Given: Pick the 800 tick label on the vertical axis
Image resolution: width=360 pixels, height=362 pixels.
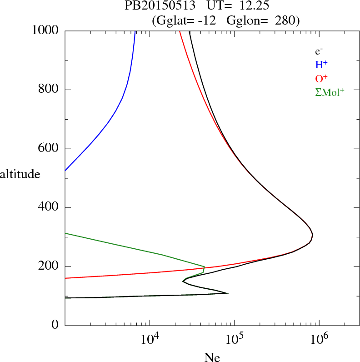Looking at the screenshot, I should coord(50,90).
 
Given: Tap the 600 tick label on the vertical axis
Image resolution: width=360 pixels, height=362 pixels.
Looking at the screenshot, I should coord(50,149).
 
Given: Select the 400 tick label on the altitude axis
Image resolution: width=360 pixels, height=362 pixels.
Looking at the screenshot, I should coord(50,208).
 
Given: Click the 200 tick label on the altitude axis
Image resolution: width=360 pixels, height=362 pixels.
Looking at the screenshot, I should coord(50,266).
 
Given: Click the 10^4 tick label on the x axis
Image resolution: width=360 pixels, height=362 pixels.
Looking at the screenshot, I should coord(150,339).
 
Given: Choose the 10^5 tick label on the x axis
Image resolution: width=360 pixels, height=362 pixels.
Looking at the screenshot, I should coord(235,339).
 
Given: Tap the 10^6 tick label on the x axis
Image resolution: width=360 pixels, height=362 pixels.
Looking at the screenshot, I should coord(319,339).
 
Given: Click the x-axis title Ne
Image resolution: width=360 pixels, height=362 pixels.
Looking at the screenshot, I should coord(212,357).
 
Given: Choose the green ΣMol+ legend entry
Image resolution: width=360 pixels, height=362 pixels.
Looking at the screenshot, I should coord(330,92).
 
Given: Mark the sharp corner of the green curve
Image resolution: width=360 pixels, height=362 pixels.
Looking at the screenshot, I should coord(205,266).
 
